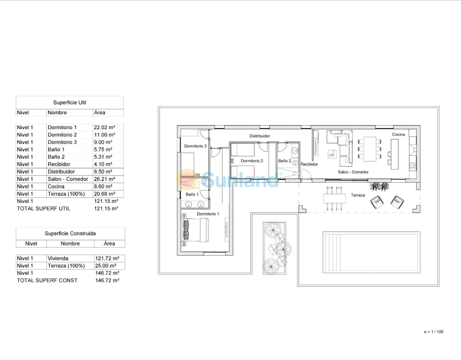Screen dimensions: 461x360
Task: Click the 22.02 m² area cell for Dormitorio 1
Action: click(x=104, y=127)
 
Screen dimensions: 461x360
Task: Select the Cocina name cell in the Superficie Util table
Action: click(x=56, y=187)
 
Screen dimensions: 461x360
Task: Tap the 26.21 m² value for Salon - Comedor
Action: click(x=104, y=179)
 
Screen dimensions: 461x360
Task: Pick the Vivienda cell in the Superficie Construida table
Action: click(x=58, y=258)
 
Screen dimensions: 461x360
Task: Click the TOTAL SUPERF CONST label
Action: click(x=47, y=280)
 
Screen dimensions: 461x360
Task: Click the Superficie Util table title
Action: click(x=70, y=103)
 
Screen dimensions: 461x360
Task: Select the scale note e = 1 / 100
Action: click(x=434, y=332)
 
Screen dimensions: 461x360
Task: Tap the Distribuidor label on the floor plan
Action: click(x=260, y=136)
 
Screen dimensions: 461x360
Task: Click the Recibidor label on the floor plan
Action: click(x=309, y=164)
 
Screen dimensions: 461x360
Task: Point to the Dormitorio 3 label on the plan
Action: click(x=195, y=146)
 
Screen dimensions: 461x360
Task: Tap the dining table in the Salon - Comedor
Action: click(x=370, y=149)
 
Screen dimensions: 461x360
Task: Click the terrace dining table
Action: click(x=334, y=198)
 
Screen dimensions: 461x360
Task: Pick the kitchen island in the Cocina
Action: click(x=394, y=154)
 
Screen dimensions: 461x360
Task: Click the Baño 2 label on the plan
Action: click(x=285, y=161)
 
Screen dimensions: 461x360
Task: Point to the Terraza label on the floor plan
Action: click(x=358, y=195)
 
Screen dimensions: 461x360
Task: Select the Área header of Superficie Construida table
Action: click(x=109, y=243)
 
